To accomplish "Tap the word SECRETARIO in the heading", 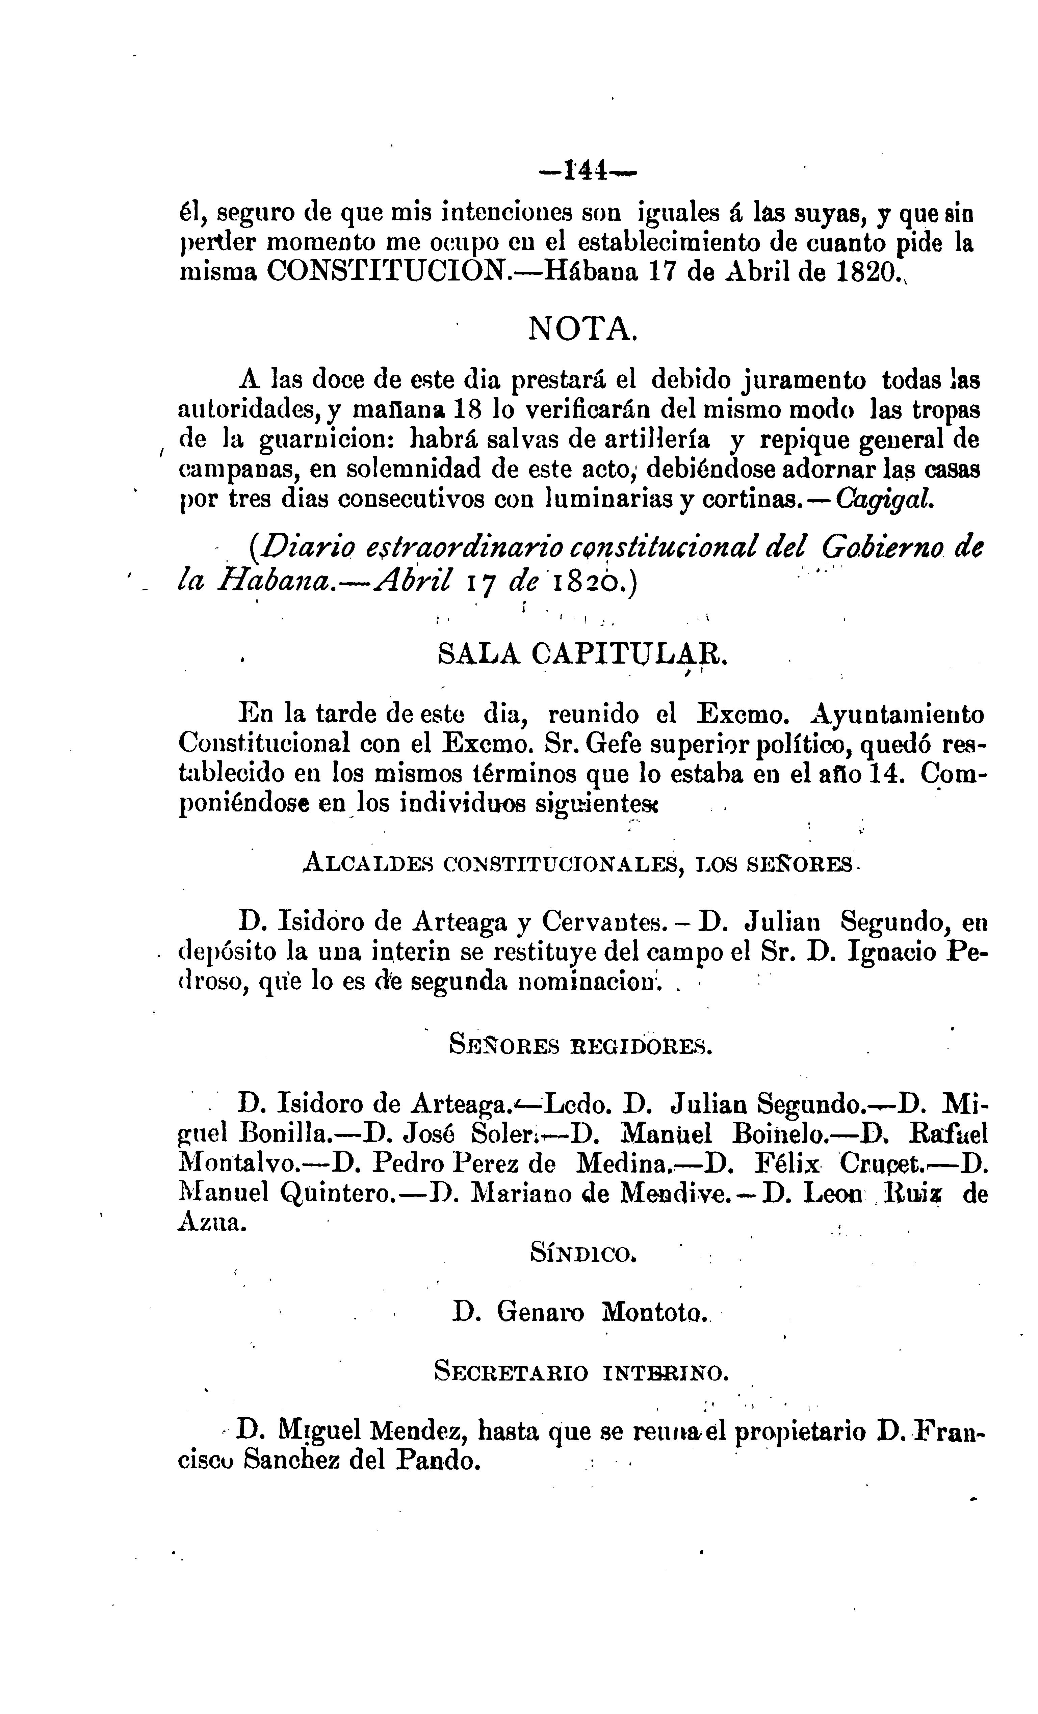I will [511, 1372].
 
